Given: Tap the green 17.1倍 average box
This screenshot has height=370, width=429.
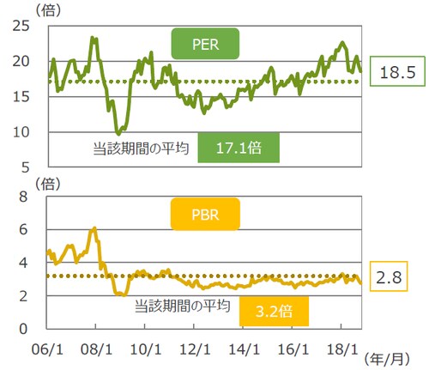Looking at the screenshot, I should click(x=239, y=148).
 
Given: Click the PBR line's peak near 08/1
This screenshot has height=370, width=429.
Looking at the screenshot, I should click(x=94, y=228).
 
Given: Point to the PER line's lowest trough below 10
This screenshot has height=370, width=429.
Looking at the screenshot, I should click(x=118, y=133).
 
